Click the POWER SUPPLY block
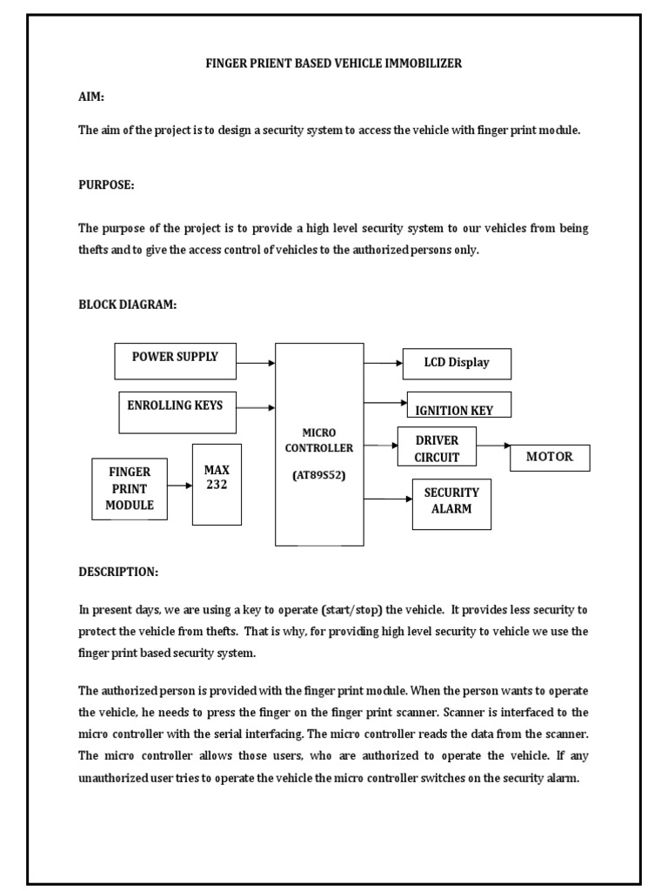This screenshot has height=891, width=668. tap(175, 360)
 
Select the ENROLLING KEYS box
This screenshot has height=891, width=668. tap(177, 412)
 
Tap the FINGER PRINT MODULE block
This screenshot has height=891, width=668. tap(130, 489)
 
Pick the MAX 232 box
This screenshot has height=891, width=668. tap(217, 484)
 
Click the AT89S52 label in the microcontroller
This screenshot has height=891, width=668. tap(319, 475)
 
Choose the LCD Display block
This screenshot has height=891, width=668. tap(457, 363)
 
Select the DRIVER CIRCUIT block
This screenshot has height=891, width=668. tap(438, 448)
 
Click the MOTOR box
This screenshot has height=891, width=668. tap(550, 458)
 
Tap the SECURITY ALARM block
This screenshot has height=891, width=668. tap(451, 504)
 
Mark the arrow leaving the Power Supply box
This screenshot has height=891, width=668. tap(256, 362)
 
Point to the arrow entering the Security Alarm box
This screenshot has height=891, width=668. tap(388, 499)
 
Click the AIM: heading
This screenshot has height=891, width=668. tap(91, 98)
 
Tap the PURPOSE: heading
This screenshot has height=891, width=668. tap(106, 185)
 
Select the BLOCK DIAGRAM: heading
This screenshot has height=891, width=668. tap(128, 305)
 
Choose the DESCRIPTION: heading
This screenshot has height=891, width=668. tap(118, 572)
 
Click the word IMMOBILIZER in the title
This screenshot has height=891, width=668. tap(423, 64)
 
